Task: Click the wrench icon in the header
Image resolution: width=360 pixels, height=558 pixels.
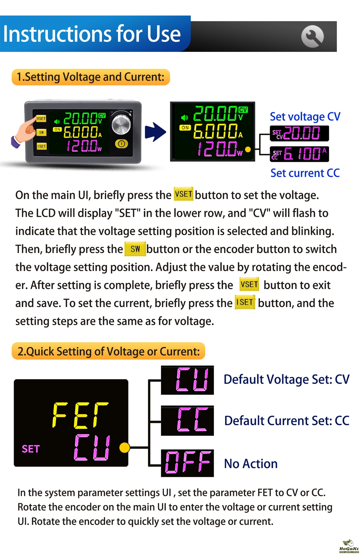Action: click(312, 36)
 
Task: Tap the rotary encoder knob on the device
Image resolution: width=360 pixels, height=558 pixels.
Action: click(121, 124)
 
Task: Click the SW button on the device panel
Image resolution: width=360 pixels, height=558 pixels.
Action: click(41, 132)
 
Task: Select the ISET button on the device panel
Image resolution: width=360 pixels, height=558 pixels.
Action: click(41, 146)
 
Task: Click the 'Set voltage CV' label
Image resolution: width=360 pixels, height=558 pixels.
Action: click(305, 117)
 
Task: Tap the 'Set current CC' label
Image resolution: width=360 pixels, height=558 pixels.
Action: click(305, 173)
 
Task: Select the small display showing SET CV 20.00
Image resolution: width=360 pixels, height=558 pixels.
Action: click(299, 133)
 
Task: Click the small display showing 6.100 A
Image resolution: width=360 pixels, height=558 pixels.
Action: click(299, 154)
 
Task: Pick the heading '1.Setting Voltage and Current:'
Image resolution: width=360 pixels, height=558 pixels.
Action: click(91, 77)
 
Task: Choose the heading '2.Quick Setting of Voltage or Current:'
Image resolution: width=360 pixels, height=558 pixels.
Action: click(108, 351)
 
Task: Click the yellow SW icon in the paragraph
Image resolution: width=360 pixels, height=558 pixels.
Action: click(135, 249)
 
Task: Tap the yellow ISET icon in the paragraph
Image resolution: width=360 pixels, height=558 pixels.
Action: click(245, 302)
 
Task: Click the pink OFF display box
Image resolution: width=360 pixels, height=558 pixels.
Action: click(187, 463)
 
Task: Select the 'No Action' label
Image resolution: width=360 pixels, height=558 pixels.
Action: click(251, 464)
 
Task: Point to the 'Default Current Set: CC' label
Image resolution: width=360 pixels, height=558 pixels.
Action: click(287, 421)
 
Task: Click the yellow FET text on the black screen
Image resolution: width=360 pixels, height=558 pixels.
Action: click(80, 415)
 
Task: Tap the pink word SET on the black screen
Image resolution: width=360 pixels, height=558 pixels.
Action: click(31, 449)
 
